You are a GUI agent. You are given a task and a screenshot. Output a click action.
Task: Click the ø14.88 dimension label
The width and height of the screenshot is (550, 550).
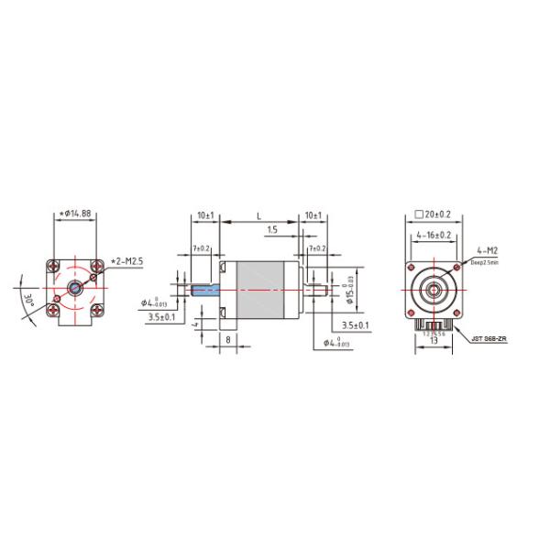pyautogui.click(x=74, y=214)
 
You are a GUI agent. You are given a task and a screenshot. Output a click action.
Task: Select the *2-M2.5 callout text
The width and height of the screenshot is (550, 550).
pyautogui.click(x=127, y=261)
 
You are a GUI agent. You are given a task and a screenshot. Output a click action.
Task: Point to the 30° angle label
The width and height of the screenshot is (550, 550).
pyautogui.click(x=28, y=301)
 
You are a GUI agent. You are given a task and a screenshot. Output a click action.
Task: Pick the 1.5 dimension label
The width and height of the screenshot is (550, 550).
pyautogui.click(x=272, y=231)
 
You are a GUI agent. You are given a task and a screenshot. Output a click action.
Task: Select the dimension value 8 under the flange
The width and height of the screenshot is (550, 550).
pyautogui.click(x=227, y=338)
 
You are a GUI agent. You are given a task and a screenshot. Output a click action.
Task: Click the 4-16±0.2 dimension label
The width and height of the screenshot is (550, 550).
pyautogui.click(x=434, y=236)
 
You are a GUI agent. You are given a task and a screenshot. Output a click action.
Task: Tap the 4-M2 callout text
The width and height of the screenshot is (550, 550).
pyautogui.click(x=487, y=250)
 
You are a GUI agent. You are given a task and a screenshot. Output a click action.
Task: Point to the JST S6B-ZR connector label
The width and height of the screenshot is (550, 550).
pyautogui.click(x=489, y=338)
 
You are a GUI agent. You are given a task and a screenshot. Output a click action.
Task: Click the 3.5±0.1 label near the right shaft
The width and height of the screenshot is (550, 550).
pyautogui.click(x=355, y=324)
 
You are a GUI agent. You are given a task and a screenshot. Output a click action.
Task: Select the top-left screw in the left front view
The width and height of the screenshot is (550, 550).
pyautogui.click(x=56, y=268)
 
